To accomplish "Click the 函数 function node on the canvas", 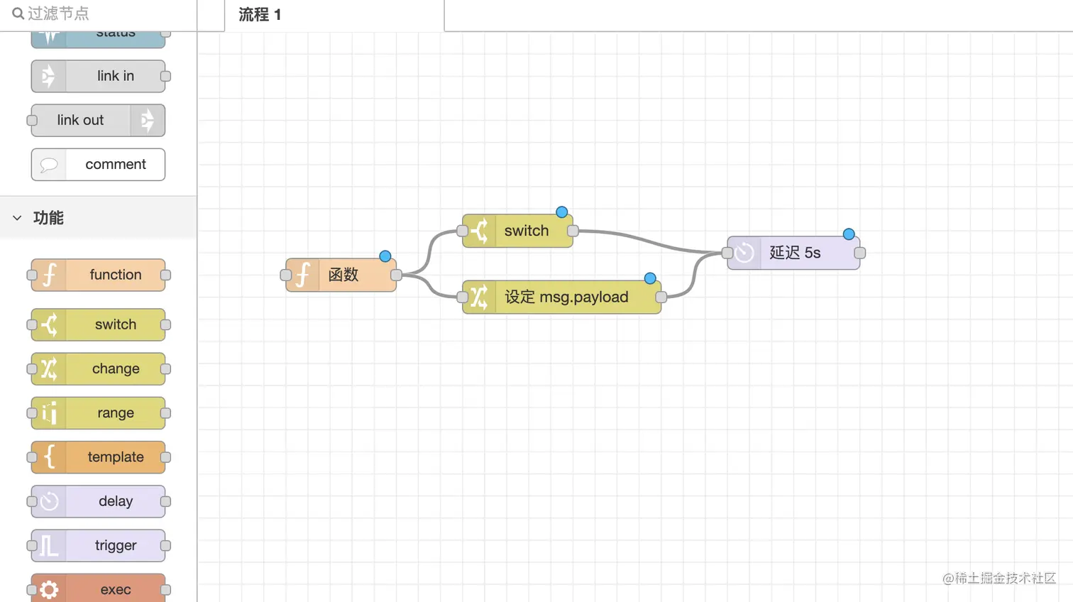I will [x=341, y=275].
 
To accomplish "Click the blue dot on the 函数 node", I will [x=385, y=256].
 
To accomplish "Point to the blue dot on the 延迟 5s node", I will [x=849, y=234].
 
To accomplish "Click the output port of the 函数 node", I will [x=397, y=275].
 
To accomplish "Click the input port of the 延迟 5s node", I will [x=727, y=253].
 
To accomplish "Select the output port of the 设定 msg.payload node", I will [x=661, y=297].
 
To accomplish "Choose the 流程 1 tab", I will [x=260, y=15].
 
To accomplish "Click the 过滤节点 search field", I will [x=99, y=13].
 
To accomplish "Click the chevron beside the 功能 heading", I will [x=17, y=218].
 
